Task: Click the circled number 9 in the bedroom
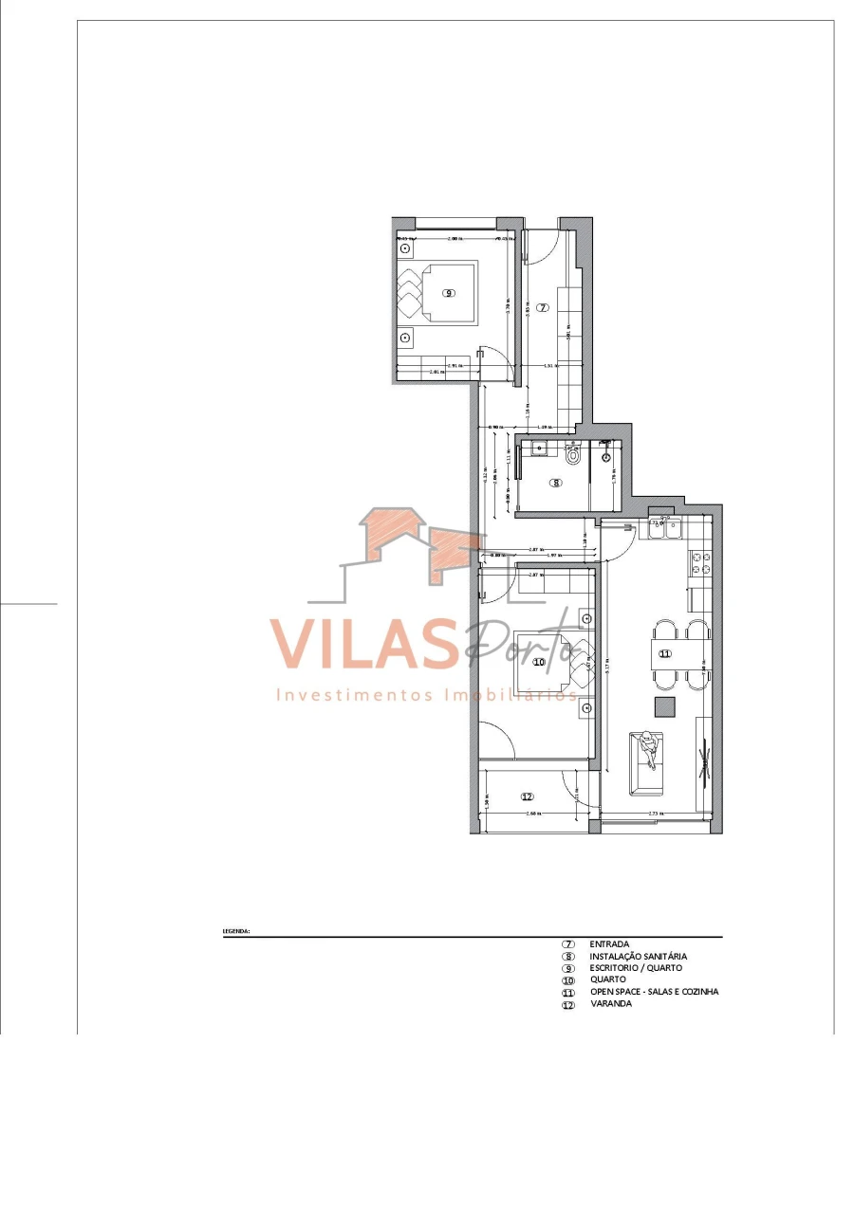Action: [448, 293]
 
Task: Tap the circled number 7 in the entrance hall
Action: [542, 307]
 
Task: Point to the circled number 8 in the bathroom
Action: [556, 482]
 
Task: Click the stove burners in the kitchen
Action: [701, 563]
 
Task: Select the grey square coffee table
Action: [664, 706]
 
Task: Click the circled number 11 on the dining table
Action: [665, 653]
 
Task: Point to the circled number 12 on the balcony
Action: [528, 796]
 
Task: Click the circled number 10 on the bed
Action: [539, 662]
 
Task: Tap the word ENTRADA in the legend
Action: [609, 944]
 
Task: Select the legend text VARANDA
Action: [610, 1004]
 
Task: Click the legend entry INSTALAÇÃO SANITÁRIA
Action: [638, 957]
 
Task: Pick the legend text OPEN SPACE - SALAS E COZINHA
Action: [654, 992]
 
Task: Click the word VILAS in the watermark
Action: [361, 645]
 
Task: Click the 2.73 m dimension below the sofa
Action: [655, 814]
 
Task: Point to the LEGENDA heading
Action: [236, 931]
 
